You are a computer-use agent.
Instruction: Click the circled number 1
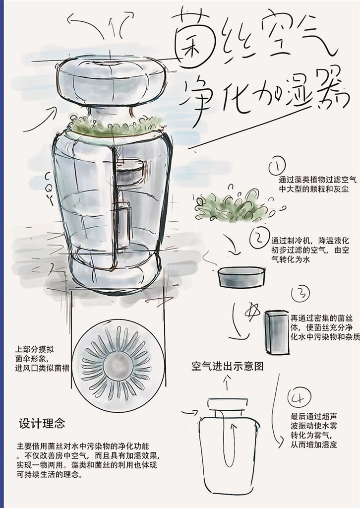277,166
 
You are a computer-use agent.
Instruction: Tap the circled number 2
259,239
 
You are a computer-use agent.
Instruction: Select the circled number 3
300,294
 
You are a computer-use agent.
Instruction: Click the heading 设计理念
42,424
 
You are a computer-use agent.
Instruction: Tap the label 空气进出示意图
227,366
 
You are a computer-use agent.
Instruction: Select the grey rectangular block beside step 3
277,332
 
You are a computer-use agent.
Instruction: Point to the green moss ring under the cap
115,127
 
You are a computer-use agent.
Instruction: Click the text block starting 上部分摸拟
42,359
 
